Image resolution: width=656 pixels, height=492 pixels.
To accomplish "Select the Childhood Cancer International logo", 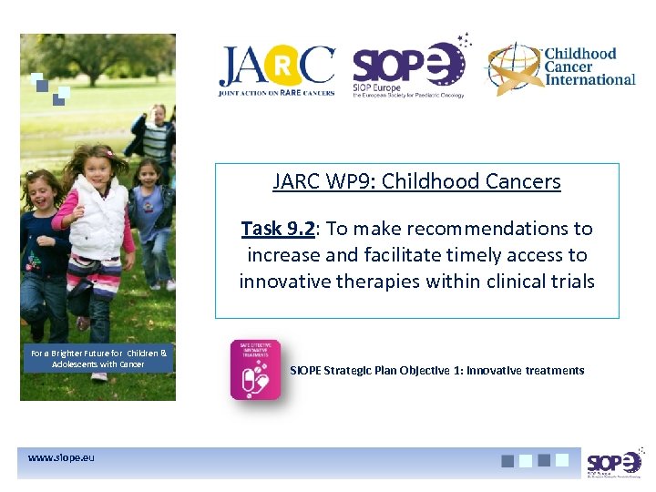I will pos(559,67).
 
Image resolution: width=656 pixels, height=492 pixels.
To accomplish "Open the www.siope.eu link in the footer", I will pos(61,456).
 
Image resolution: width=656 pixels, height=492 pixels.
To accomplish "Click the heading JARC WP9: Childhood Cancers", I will pos(416,181).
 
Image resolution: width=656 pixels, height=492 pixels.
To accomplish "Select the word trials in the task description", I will pos(570,282).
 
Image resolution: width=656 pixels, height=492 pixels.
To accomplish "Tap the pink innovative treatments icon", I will pos(256,370).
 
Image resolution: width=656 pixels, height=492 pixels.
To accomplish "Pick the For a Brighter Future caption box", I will pos(97,358).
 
